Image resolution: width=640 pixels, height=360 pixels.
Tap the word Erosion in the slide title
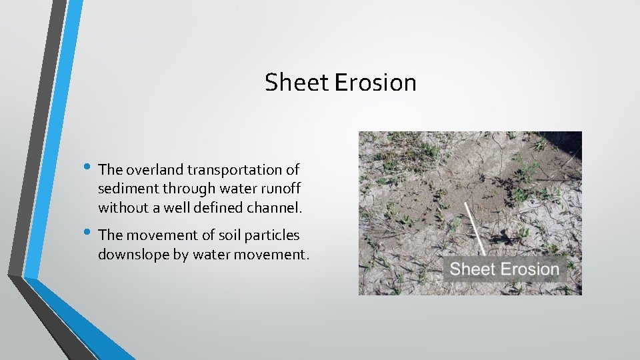375,83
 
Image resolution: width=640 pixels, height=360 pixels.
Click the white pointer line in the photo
475,229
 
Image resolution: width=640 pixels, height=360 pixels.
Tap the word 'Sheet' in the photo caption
472,269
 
